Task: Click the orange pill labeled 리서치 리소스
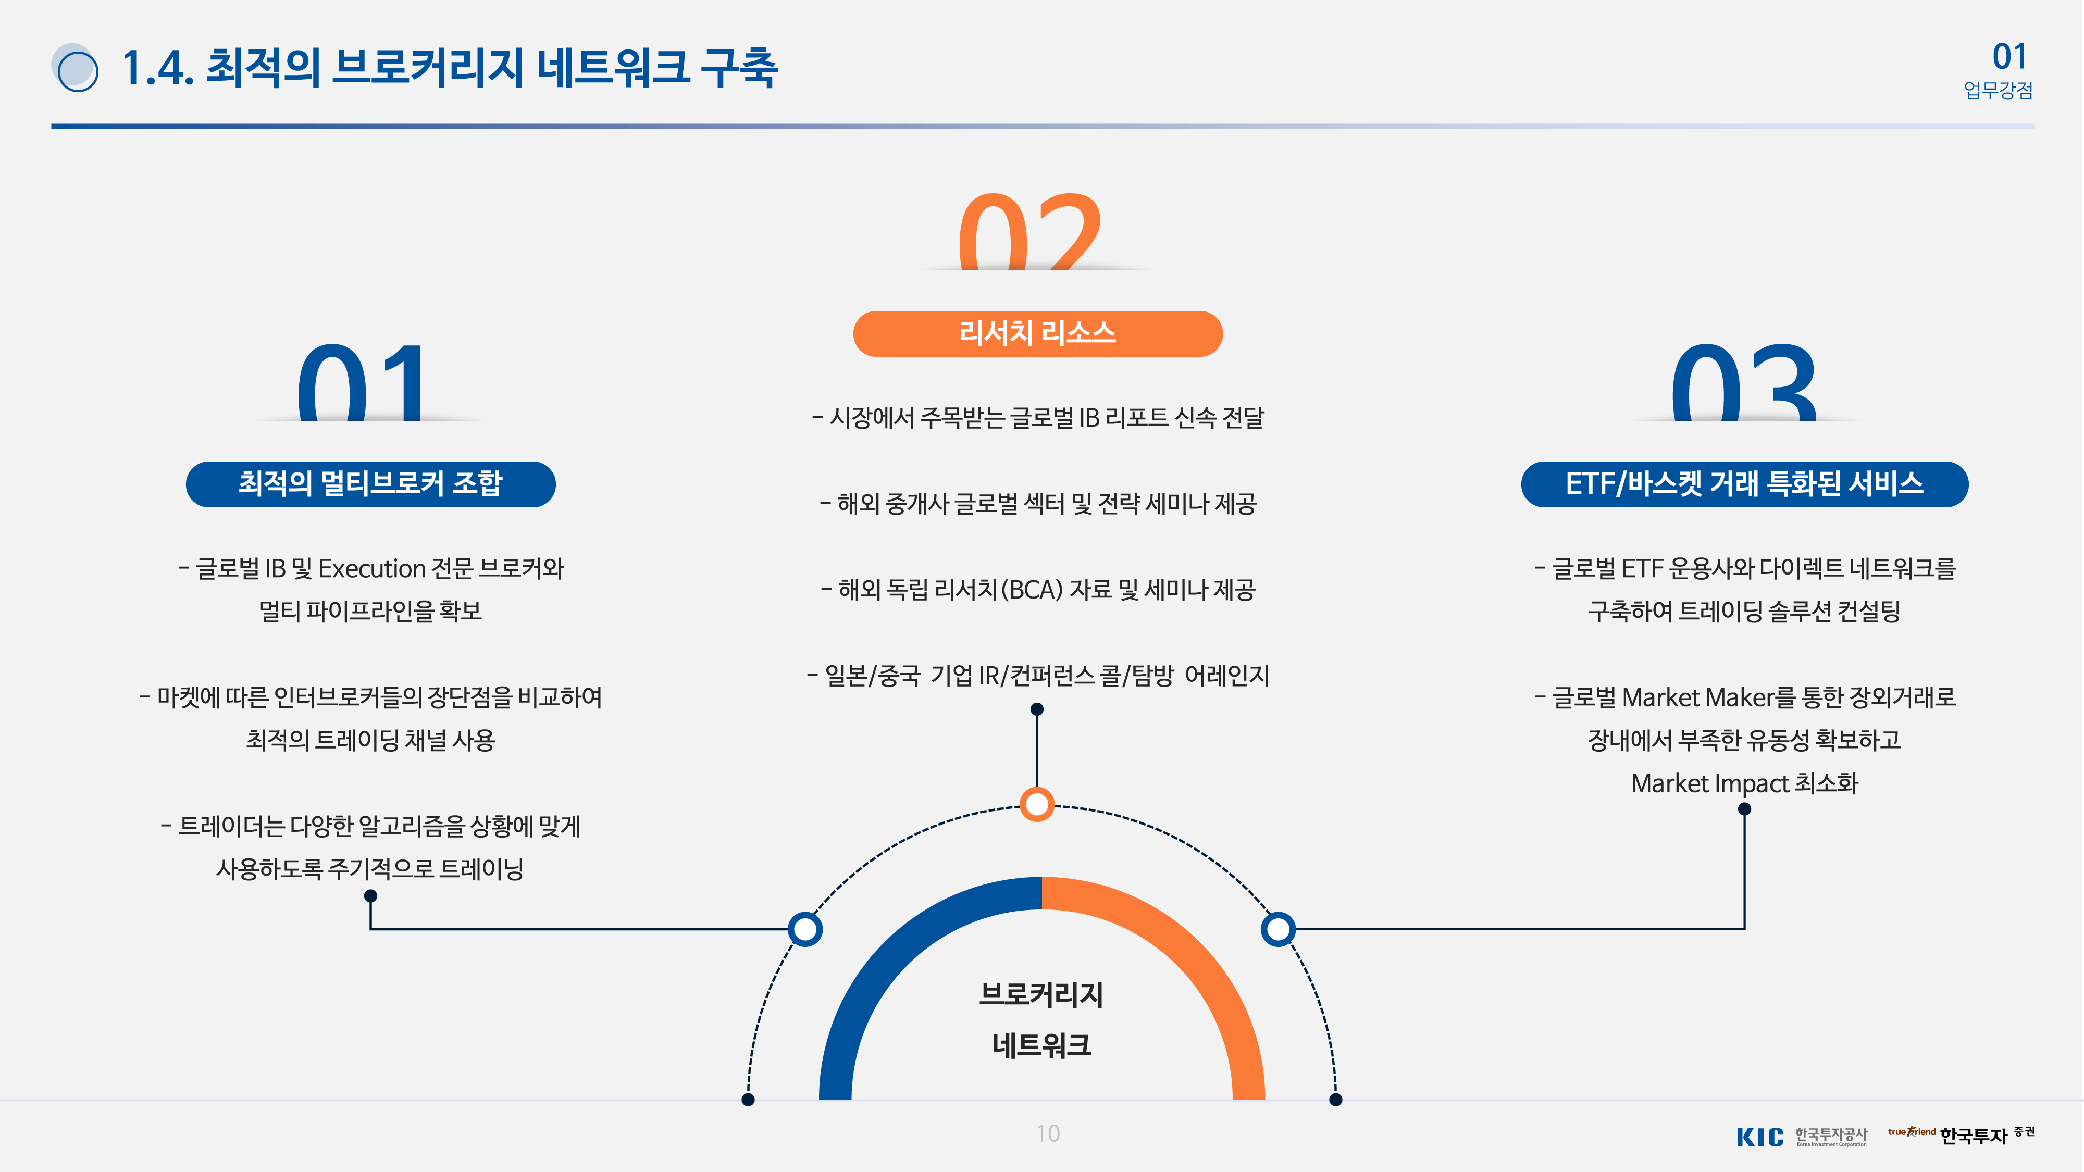pos(1037,333)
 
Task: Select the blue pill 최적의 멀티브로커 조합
pos(370,484)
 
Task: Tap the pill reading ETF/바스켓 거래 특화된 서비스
pos(1744,484)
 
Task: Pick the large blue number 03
pos(1744,382)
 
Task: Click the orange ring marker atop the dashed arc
pos(1037,804)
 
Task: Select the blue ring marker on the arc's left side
pos(805,929)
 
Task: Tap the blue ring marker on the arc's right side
pos(1277,929)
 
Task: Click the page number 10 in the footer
pos(1048,1133)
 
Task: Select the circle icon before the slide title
pos(75,68)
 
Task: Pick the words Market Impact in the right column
pos(1709,783)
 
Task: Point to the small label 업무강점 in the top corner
pos(1998,90)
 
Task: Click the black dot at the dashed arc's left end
pos(748,1099)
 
